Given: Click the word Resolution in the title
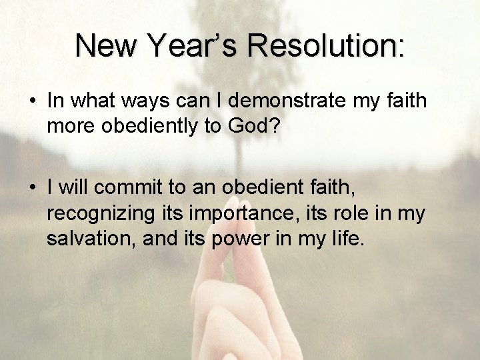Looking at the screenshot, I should [x=328, y=46].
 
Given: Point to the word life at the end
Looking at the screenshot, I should [x=347, y=239].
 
